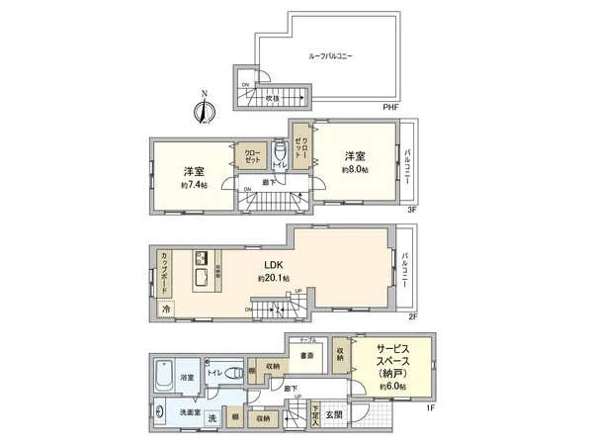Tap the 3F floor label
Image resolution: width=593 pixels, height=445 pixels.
[413, 209]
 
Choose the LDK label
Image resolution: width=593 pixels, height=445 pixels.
[273, 264]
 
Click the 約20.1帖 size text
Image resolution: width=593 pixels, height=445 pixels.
[273, 279]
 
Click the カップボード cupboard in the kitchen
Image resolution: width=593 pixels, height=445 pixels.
[163, 271]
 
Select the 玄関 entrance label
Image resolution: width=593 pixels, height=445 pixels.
[334, 414]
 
